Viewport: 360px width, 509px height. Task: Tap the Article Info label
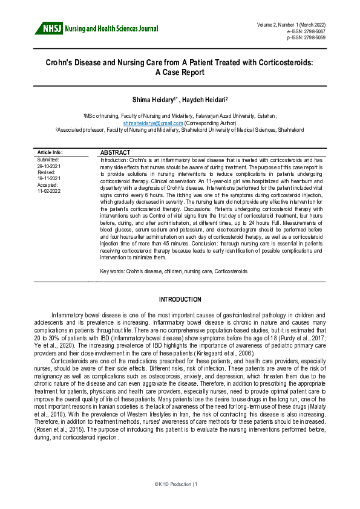click(50, 152)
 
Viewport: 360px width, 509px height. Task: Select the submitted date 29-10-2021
click(48, 165)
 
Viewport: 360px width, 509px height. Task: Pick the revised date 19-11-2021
click(48, 178)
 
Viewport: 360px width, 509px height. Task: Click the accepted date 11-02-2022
click(48, 190)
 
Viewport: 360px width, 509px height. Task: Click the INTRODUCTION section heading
click(180, 300)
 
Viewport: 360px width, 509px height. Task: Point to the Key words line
click(174, 271)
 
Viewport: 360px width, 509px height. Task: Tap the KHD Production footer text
click(180, 484)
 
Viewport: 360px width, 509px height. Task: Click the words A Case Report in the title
click(180, 73)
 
